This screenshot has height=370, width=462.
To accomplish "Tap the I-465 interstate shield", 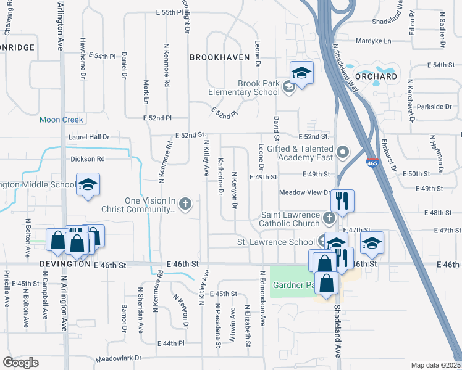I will point(373,163).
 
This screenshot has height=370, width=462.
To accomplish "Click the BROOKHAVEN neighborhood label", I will point(219,57).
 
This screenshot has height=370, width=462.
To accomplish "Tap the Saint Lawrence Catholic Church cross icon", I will point(330,218).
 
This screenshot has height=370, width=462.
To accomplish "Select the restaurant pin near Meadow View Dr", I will point(342,200).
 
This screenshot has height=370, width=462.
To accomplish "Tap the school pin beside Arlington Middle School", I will point(88,184).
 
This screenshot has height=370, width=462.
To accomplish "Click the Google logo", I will point(20,363).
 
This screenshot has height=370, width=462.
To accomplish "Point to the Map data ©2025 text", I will point(435,365).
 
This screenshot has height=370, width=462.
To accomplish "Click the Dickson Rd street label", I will point(88,158).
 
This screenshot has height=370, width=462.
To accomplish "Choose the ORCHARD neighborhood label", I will point(385,76).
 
